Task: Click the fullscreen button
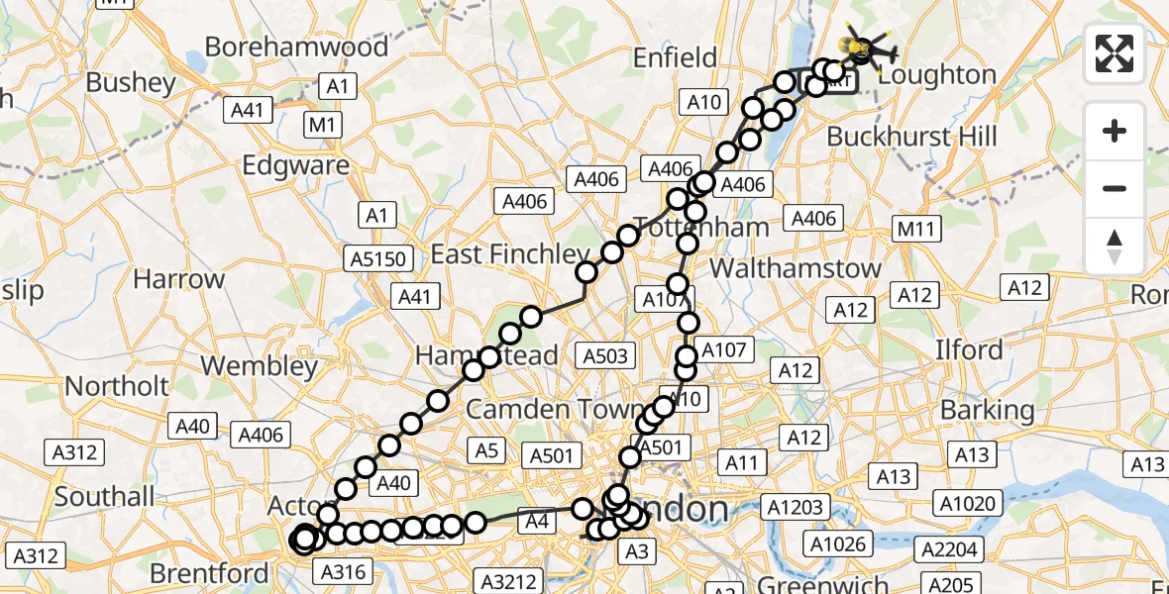(1115, 53)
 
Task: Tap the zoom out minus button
(1115, 188)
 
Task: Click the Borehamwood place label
(296, 47)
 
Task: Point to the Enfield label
(675, 58)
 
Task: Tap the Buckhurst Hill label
(911, 136)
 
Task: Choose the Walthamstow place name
(796, 267)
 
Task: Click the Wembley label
(259, 365)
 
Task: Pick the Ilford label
(970, 349)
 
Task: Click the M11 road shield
(915, 230)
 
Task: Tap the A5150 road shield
(376, 259)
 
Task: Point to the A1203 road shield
(796, 508)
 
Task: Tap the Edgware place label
(296, 165)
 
